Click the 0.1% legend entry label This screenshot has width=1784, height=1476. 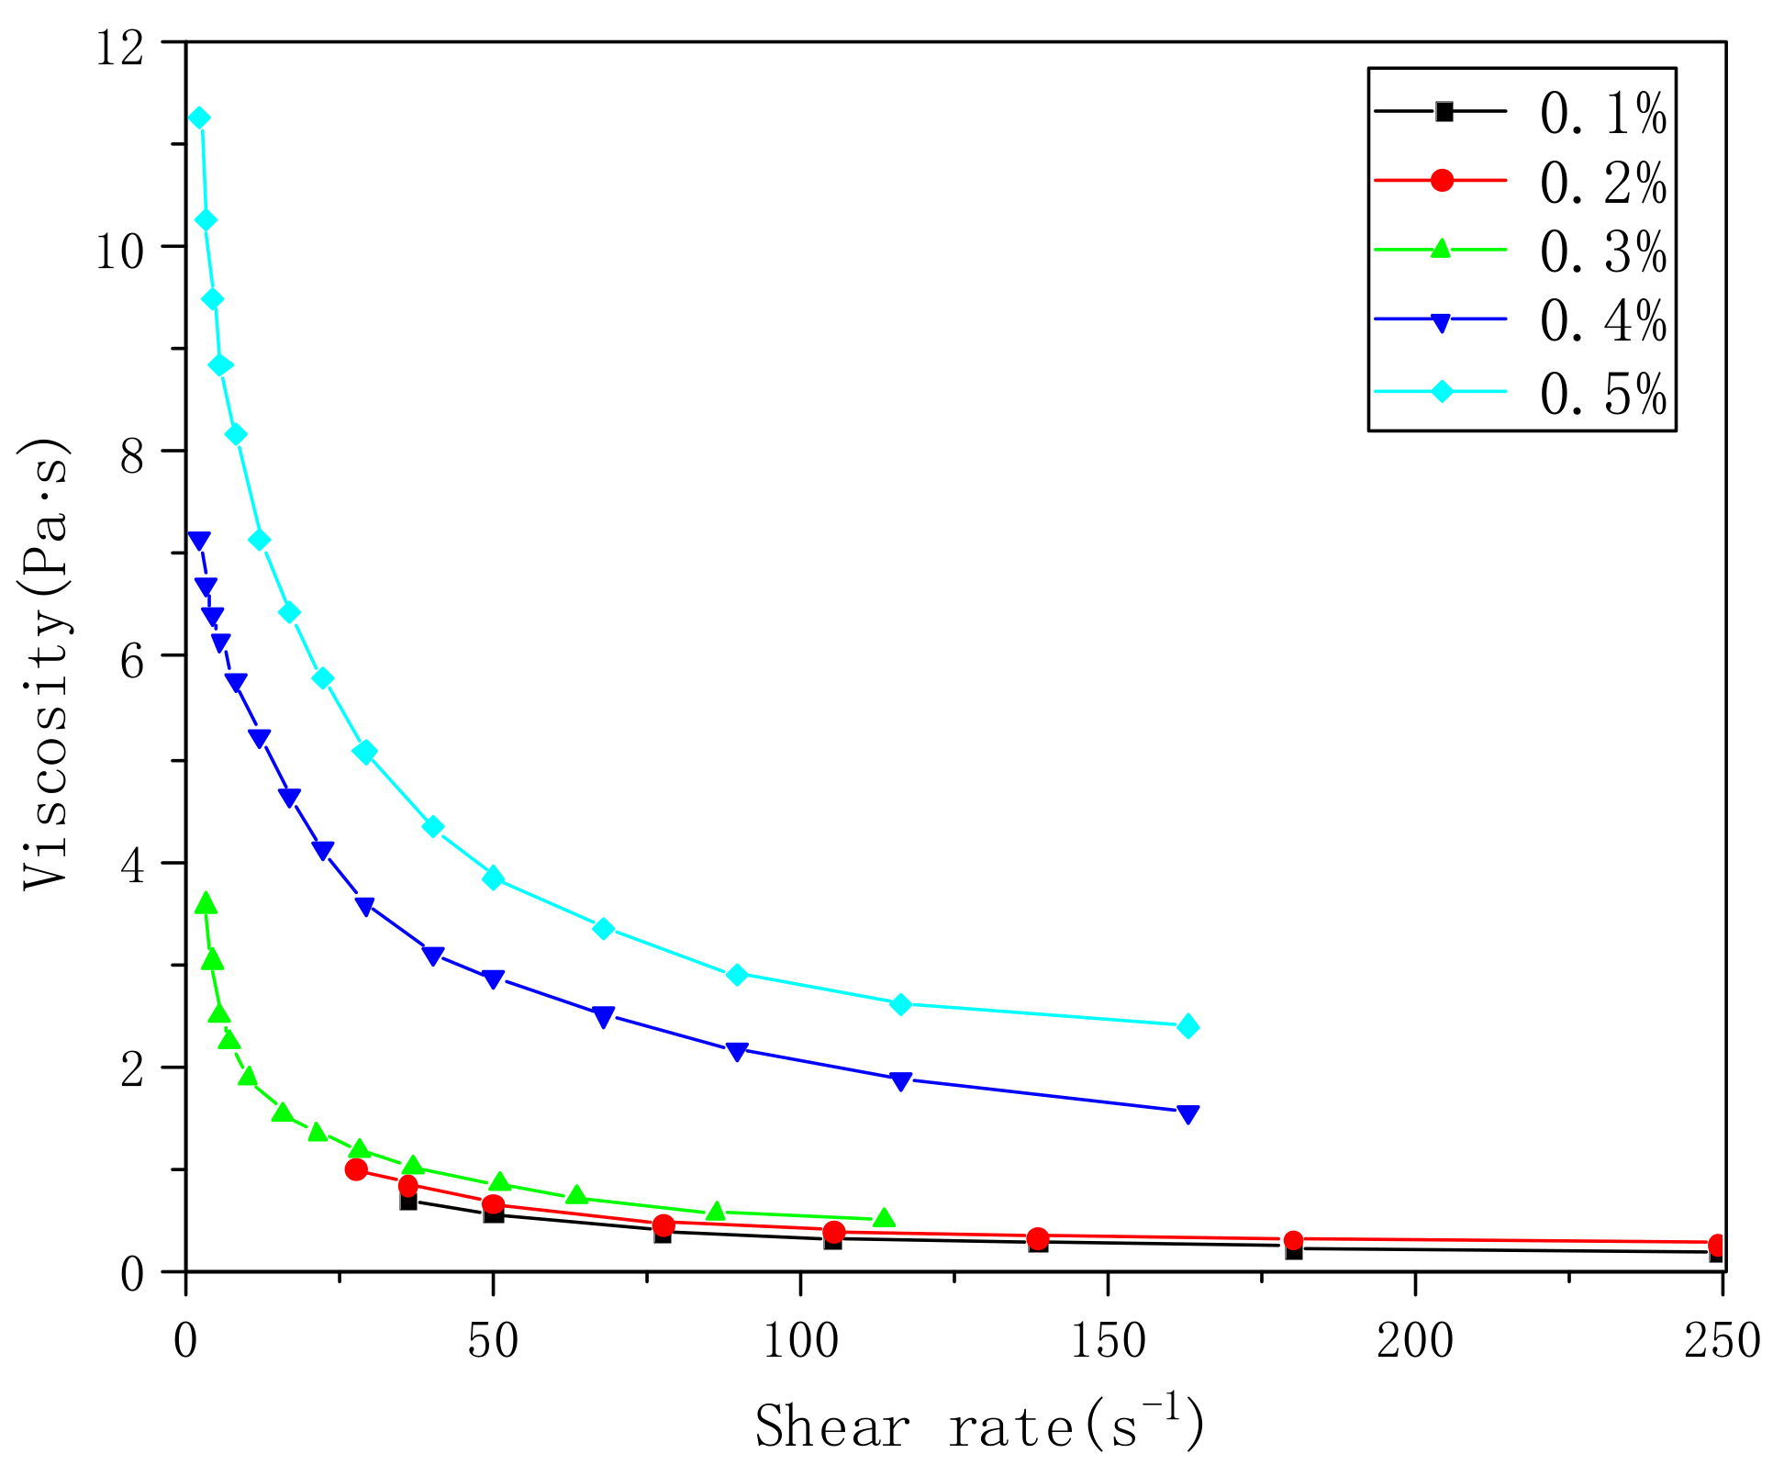click(1602, 116)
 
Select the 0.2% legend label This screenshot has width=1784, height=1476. click(1602, 184)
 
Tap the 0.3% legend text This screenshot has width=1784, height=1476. click(1602, 252)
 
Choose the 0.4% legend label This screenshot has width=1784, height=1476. click(1602, 322)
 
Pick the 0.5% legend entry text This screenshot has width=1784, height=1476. click(1602, 395)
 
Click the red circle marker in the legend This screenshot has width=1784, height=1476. click(1442, 180)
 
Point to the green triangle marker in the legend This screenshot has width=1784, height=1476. click(1442, 248)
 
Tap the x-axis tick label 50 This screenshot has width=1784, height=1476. click(493, 1341)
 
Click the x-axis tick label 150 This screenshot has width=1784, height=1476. click(1108, 1341)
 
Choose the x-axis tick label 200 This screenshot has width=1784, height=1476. click(1415, 1341)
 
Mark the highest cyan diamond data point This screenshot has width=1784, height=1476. click(198, 117)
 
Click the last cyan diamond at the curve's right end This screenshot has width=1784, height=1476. click(1187, 1026)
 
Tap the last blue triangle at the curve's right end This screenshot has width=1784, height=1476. click(1187, 1114)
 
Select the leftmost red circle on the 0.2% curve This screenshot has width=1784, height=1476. click(356, 1169)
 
